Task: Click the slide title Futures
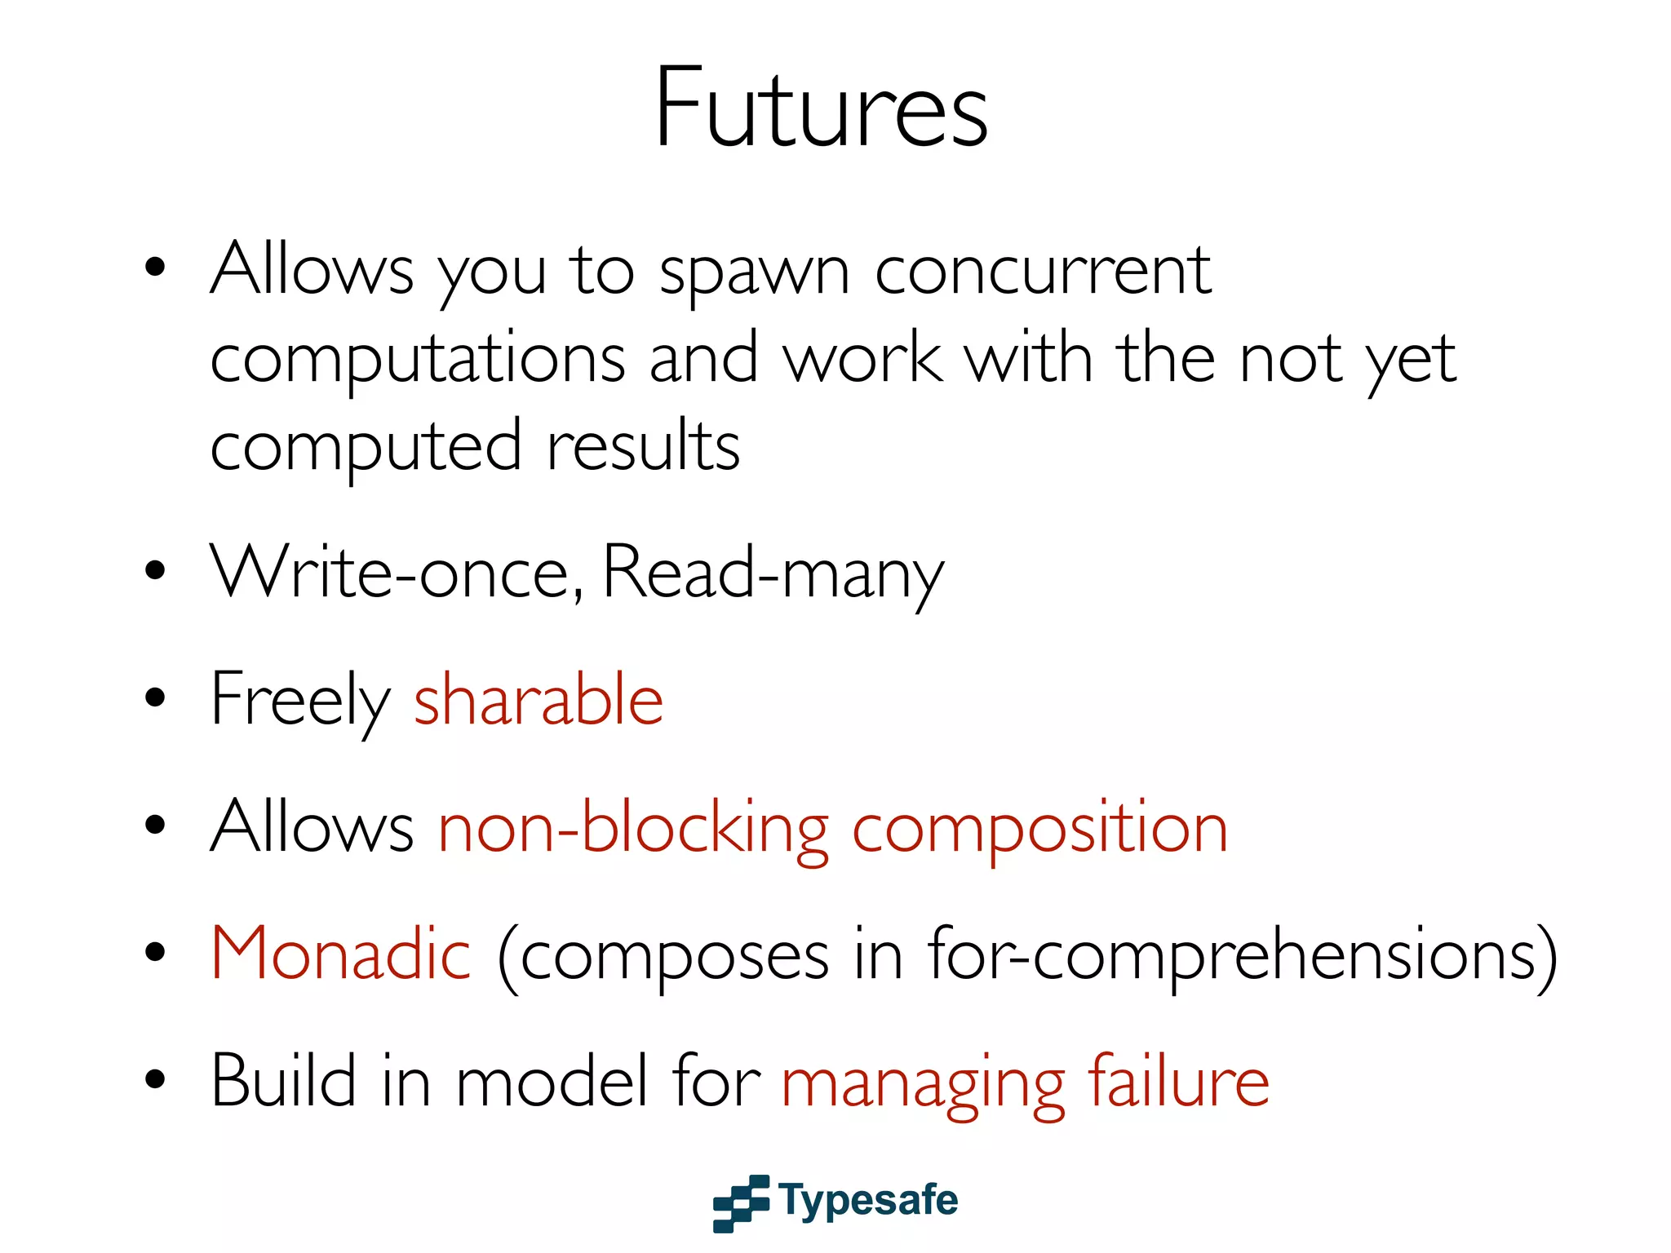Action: point(821,108)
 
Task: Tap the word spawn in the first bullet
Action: point(754,272)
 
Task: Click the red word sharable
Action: point(539,700)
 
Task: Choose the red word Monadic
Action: point(341,954)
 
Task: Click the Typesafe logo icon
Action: point(741,1202)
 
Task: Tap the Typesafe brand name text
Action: point(868,1201)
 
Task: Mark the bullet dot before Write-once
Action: point(154,571)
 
